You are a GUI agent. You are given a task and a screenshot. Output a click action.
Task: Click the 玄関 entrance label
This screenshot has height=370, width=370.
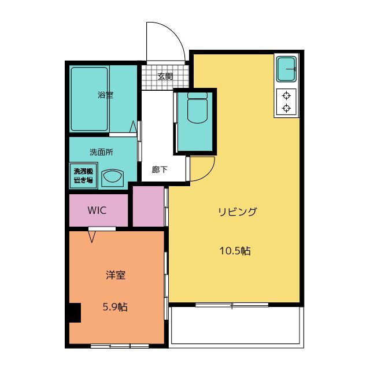click(165, 76)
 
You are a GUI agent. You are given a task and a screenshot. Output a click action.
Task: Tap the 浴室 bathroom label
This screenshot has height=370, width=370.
click(105, 95)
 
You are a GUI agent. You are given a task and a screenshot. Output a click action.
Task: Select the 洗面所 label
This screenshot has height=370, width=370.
click(101, 152)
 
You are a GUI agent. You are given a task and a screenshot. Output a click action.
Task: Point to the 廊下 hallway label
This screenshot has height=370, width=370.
click(160, 169)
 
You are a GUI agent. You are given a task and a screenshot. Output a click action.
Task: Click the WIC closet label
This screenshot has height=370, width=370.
click(97, 210)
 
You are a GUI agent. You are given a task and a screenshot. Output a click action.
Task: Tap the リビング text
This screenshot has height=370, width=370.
click(238, 212)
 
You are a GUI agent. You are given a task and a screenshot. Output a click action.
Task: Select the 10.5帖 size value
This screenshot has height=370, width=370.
click(235, 250)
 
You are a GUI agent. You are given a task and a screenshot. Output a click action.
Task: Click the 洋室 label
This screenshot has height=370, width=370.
click(116, 275)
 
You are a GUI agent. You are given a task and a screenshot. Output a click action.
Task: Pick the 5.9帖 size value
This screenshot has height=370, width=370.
click(115, 307)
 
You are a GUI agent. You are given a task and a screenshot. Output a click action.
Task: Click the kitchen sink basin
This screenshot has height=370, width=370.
click(287, 69)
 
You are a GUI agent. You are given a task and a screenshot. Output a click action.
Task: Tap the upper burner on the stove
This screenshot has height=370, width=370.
click(286, 96)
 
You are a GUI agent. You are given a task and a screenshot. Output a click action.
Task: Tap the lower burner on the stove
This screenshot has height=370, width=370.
click(286, 108)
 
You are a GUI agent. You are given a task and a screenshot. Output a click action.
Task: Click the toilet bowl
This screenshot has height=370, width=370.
click(197, 108)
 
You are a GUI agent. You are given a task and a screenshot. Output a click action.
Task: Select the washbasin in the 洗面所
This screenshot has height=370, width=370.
click(112, 177)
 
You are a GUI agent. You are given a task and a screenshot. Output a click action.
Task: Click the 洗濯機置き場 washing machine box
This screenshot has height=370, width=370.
click(83, 176)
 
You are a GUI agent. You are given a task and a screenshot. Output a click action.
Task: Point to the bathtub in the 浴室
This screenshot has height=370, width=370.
click(90, 99)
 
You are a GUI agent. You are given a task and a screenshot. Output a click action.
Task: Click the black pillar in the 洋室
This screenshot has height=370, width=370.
click(75, 312)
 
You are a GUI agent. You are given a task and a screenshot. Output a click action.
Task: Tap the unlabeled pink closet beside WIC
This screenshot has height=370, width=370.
click(148, 206)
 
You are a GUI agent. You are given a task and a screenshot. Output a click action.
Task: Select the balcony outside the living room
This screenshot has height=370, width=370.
click(236, 325)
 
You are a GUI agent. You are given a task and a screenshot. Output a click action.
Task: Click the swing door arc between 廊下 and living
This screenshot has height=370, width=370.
click(208, 175)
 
